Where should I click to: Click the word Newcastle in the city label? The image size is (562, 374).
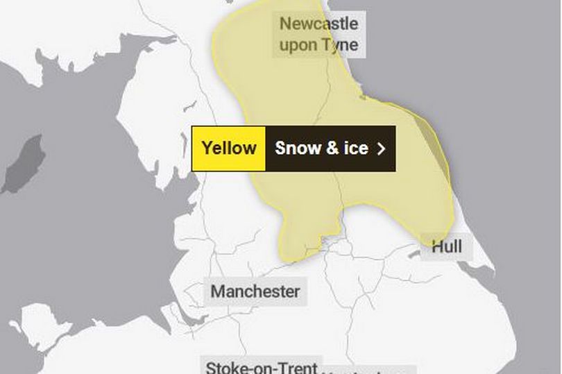[x=318, y=24]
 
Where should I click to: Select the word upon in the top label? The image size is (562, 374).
[x=295, y=46]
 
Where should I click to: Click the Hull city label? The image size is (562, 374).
[x=446, y=247]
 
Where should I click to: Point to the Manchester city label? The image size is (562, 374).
[x=255, y=291]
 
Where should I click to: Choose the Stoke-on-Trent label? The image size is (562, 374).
[x=262, y=366]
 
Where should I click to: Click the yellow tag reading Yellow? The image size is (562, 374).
[x=228, y=148]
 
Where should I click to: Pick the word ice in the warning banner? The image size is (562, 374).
[x=355, y=148]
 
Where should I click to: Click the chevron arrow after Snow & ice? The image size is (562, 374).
[x=380, y=148]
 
